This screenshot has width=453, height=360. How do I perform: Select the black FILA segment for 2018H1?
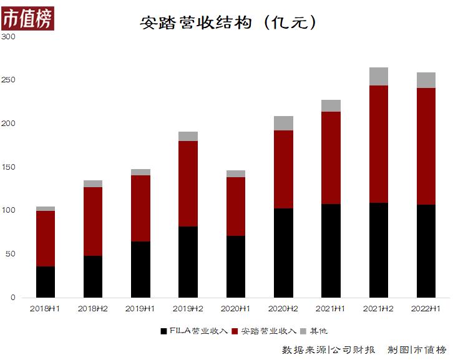[46, 282]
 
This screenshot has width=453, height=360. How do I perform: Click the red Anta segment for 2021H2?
[378, 144]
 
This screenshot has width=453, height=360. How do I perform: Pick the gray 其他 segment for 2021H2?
[378, 76]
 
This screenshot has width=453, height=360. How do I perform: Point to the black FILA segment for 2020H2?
[283, 253]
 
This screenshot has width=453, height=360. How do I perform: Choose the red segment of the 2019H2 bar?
[188, 183]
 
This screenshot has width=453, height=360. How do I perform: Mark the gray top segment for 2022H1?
[426, 80]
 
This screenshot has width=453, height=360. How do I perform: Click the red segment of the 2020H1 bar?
[235, 207]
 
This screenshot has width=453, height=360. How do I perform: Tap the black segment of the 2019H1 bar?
[140, 270]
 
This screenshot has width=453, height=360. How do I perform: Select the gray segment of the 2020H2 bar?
[283, 123]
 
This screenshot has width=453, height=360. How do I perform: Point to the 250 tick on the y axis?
[9, 80]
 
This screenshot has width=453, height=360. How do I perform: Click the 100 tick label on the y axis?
[9, 210]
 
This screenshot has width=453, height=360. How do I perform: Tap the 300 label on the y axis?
[9, 37]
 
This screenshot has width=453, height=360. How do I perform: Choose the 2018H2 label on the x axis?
[93, 308]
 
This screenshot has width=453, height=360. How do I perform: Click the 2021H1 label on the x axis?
[331, 308]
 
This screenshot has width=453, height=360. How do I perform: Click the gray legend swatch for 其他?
[303, 331]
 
